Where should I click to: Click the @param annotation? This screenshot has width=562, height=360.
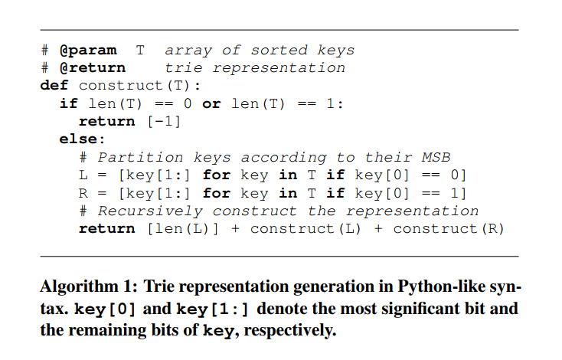coord(88,51)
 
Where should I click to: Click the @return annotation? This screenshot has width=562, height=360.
coord(93,67)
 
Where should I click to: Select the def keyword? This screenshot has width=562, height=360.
coord(55,85)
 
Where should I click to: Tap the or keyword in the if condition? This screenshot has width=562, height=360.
coord(211,103)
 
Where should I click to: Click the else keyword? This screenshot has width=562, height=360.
coord(79,139)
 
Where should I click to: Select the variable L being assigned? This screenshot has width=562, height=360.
coord(83,175)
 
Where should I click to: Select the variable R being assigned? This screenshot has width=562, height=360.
coord(83,192)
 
